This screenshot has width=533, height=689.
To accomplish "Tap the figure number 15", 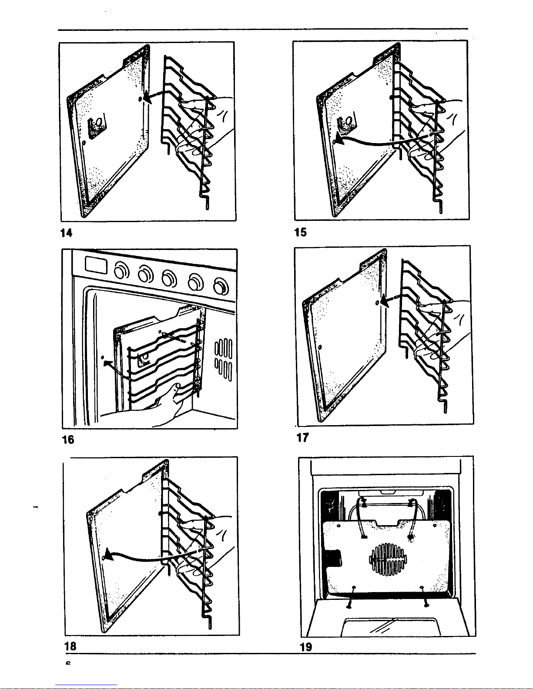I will pos(300,232).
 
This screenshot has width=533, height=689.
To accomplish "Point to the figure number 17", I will pos(302,437).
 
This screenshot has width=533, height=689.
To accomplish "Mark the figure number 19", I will pos(306,647).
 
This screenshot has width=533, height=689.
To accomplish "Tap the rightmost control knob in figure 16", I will pos(221,286).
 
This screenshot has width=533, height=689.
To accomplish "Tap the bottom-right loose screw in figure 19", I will pos(426,603).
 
